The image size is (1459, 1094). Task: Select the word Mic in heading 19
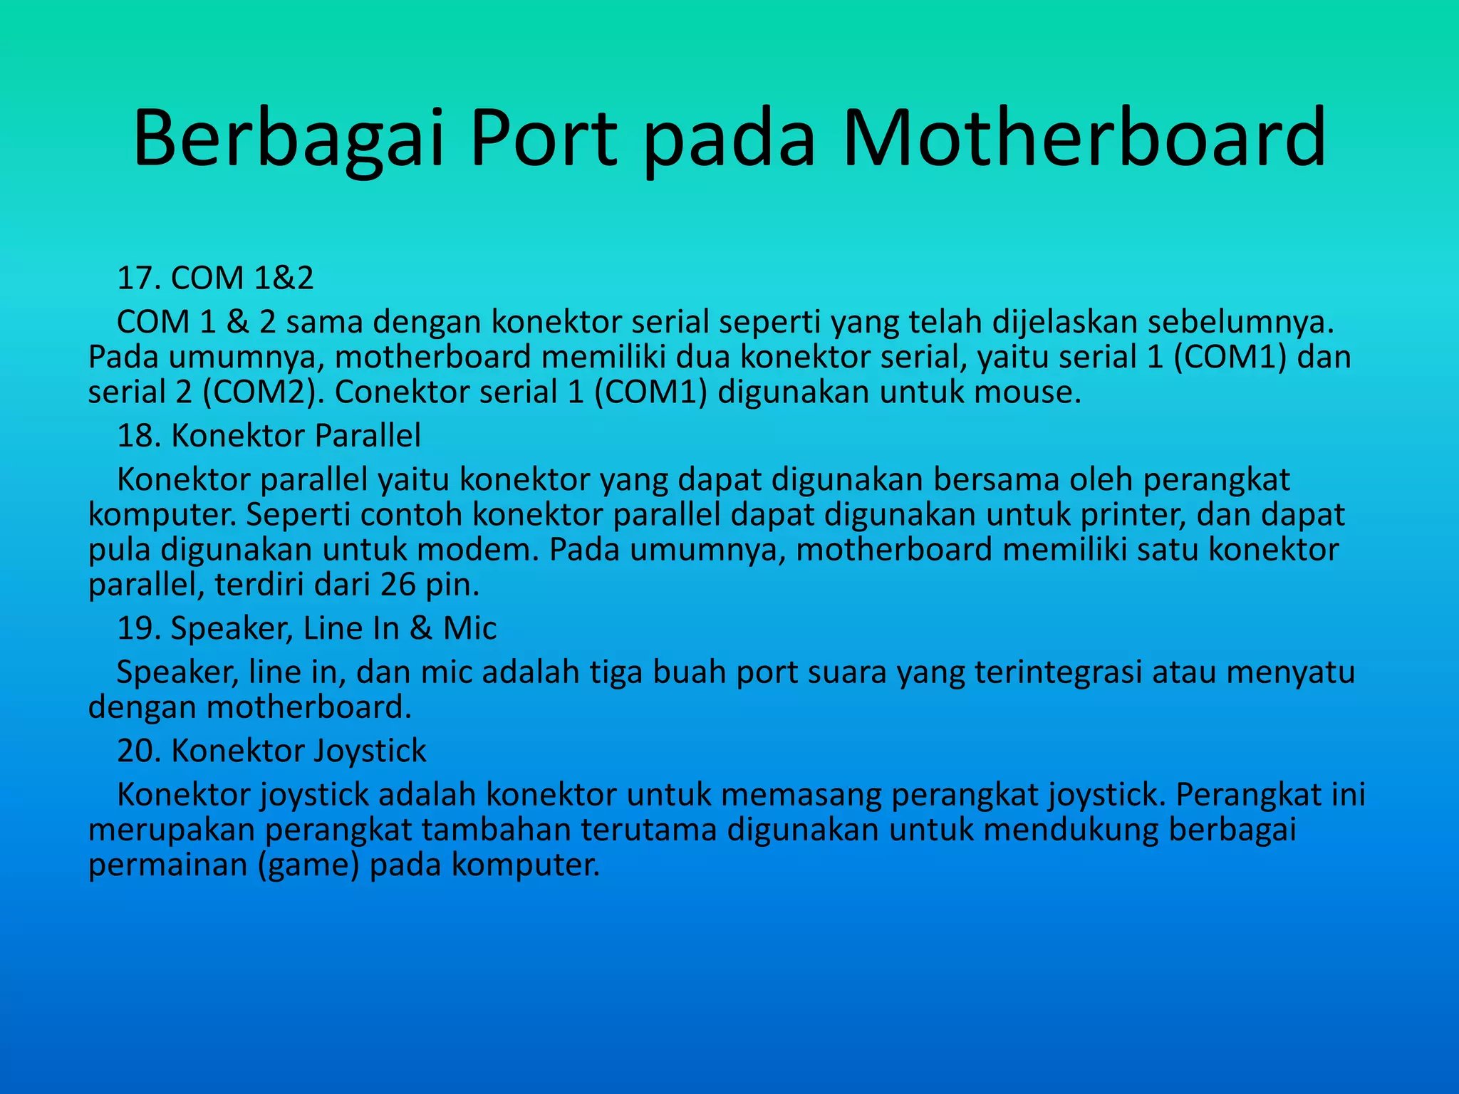point(469,629)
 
